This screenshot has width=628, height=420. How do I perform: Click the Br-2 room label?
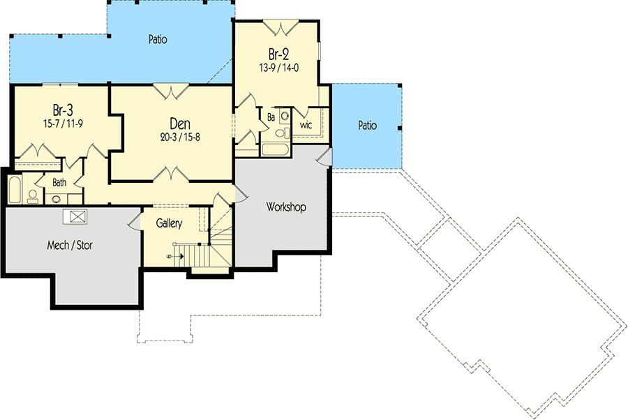(278, 54)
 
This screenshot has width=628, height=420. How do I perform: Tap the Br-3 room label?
(63, 110)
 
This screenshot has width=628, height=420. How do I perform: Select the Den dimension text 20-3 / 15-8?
(180, 137)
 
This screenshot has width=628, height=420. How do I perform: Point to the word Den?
(180, 123)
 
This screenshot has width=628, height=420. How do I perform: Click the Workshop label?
(286, 207)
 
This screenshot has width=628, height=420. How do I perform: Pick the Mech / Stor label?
(70, 245)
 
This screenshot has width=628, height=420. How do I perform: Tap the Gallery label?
(169, 223)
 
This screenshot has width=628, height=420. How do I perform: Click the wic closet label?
(306, 125)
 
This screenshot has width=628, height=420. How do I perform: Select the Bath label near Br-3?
(59, 183)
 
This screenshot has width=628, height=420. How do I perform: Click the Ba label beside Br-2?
(271, 117)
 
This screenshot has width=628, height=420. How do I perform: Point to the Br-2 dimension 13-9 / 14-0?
(278, 68)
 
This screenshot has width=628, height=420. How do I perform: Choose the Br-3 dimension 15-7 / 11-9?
(63, 123)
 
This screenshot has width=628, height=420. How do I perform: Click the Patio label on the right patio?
(367, 126)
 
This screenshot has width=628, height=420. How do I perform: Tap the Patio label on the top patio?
(158, 39)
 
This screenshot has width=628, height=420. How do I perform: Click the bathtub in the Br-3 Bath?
(15, 189)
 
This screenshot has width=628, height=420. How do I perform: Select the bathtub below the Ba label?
(275, 149)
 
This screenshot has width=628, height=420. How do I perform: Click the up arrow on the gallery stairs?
(178, 255)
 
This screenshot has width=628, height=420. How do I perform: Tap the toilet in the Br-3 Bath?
(33, 196)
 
